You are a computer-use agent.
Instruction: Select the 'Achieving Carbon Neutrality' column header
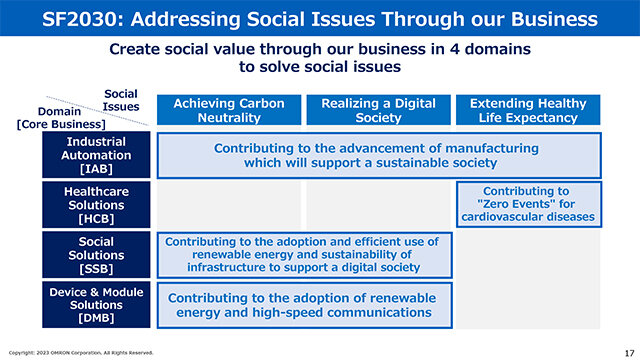click(x=229, y=110)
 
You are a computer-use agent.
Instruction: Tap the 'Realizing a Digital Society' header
click(x=378, y=110)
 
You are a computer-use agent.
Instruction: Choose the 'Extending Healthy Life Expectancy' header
click(x=528, y=110)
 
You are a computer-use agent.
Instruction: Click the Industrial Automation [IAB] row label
click(x=96, y=155)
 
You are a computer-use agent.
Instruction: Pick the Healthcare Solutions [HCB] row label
click(x=96, y=204)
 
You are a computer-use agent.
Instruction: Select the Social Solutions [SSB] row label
click(x=96, y=255)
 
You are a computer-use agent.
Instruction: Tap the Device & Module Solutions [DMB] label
click(x=96, y=304)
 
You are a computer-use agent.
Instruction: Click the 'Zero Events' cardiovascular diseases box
click(x=529, y=204)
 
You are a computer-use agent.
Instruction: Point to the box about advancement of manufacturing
click(x=379, y=155)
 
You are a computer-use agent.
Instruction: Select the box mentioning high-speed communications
click(x=304, y=305)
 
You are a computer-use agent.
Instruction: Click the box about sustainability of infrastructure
click(x=304, y=255)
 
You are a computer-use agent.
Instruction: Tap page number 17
click(x=629, y=353)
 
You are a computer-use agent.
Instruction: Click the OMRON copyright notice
click(x=81, y=353)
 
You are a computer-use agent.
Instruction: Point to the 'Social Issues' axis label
click(x=121, y=100)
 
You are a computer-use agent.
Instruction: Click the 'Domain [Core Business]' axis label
click(x=61, y=118)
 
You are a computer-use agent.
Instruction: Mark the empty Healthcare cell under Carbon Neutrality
click(x=229, y=204)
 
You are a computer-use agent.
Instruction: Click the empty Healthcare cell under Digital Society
click(x=378, y=204)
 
